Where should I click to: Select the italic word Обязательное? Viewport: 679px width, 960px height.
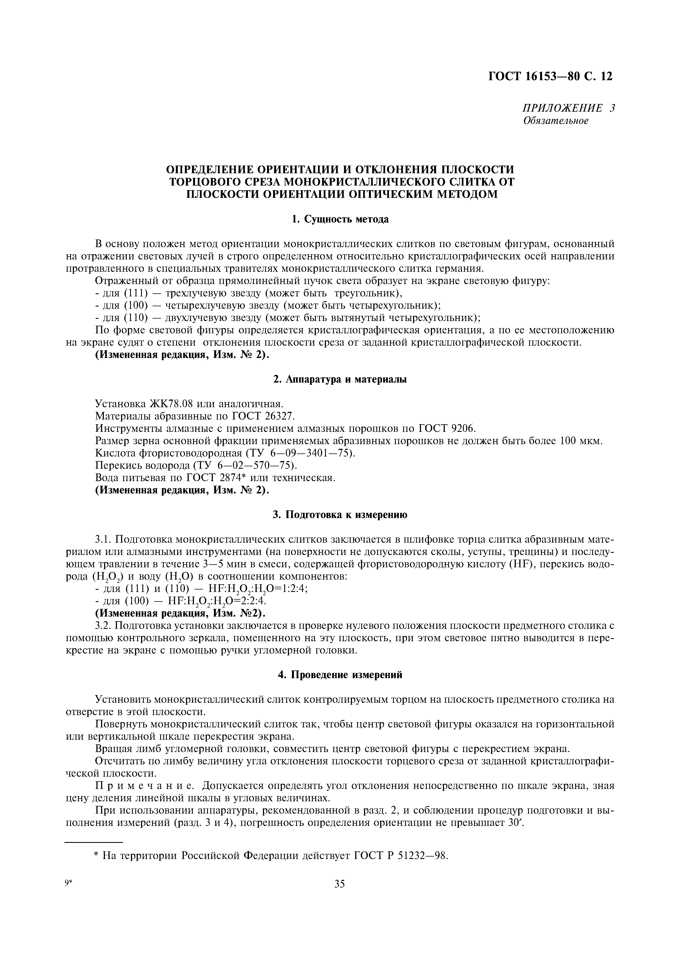555,121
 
